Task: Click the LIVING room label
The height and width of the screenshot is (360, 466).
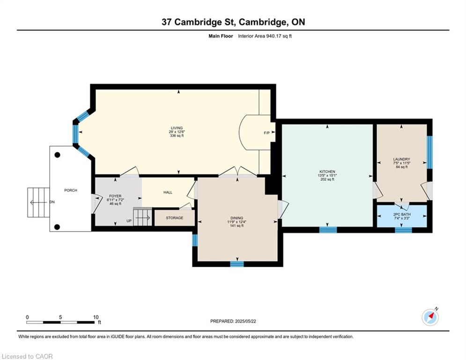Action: (177, 128)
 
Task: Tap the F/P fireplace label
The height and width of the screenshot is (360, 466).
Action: (266, 133)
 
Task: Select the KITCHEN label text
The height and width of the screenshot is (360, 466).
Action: (327, 172)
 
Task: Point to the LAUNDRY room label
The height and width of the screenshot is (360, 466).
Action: (401, 159)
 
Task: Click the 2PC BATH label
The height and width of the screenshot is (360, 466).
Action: (402, 214)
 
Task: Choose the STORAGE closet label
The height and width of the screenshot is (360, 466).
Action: (174, 218)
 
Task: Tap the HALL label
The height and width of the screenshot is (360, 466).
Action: (168, 192)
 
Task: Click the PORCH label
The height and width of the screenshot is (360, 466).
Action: (71, 190)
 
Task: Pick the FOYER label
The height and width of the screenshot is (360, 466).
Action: (115, 196)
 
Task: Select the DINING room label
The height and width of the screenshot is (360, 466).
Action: (237, 218)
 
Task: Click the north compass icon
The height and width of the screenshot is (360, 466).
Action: (430, 317)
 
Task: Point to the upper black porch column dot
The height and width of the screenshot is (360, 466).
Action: (57, 155)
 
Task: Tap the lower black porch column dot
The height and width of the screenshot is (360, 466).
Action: (57, 227)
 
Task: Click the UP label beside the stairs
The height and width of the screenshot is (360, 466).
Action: (129, 221)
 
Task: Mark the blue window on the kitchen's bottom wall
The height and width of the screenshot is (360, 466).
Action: (328, 230)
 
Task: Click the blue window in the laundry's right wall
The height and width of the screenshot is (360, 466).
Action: (430, 153)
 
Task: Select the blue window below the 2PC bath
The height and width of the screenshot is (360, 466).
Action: (404, 230)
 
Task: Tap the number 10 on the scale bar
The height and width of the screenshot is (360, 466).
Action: (96, 317)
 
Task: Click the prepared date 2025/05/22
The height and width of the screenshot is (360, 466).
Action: (245, 321)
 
